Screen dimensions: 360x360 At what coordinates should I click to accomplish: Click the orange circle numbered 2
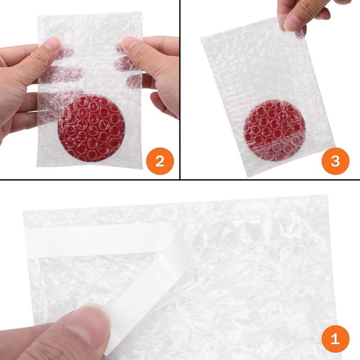coord(160,162)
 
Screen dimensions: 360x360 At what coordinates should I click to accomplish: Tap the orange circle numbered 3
coord(335,161)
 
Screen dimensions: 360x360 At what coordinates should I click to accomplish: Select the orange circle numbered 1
coord(335,339)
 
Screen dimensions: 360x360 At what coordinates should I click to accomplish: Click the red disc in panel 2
coord(92,128)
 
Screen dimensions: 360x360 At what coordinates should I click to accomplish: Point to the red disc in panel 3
coord(274,130)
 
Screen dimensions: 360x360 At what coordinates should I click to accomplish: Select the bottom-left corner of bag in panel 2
coord(37,166)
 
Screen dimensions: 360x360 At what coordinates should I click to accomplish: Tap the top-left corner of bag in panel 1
coord(23,211)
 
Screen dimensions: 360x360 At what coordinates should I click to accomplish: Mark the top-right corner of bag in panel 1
coord(328,195)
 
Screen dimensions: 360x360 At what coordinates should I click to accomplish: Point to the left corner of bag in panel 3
coord(201,38)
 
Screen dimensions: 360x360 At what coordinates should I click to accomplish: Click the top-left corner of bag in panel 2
coord(38,16)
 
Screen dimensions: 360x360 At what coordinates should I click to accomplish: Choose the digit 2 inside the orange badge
coord(160,162)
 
